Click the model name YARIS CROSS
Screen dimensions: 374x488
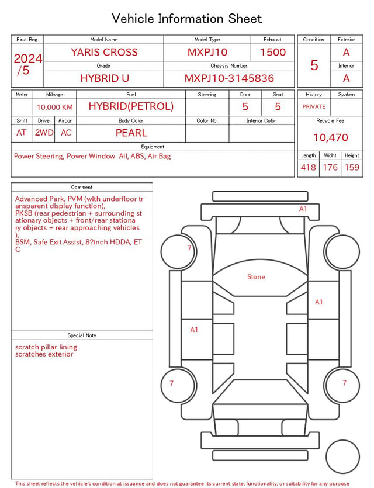point(104,52)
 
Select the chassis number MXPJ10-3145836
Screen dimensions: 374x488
point(229,78)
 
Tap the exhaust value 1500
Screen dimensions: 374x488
point(273,52)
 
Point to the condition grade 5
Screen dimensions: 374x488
point(314,65)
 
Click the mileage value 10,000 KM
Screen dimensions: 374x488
point(55,108)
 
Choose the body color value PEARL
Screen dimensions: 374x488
point(131,133)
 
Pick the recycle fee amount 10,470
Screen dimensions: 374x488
point(330,137)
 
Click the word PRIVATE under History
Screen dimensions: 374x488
point(314,106)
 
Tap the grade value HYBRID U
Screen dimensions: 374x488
point(105,78)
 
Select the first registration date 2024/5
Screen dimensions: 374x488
point(27,64)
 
